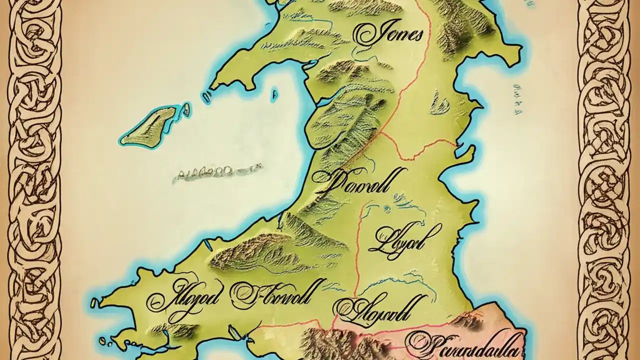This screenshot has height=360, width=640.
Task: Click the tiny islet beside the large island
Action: click(x=186, y=107)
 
